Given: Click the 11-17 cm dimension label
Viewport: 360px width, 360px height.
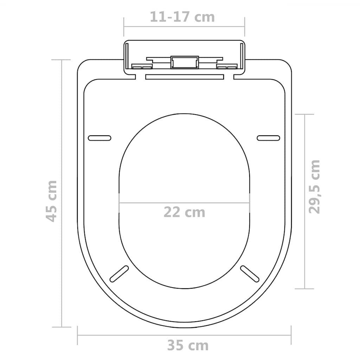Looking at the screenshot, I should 182,17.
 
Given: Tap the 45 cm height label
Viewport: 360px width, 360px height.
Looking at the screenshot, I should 52,201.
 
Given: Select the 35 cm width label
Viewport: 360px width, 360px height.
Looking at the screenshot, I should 187,346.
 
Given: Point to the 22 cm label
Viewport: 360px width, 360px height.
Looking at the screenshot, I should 184,212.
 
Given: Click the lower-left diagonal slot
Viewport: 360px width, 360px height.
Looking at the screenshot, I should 120,274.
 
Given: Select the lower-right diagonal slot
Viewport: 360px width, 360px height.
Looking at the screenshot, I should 249,274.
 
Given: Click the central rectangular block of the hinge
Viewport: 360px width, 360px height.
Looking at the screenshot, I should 185,62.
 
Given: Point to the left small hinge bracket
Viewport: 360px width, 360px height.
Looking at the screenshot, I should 142,66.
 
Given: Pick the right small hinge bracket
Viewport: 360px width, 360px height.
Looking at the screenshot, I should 227,66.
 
